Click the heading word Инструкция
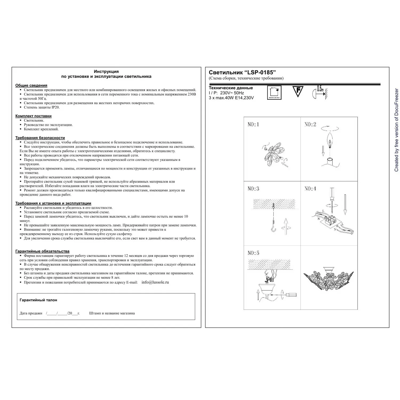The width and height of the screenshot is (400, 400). tap(106, 71)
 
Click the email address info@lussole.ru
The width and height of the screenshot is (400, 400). tap(155, 282)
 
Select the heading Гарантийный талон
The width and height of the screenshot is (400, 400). tap(38, 300)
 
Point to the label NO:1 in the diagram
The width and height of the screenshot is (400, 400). tap(253, 124)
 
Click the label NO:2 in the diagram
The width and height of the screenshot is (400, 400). tap(310, 124)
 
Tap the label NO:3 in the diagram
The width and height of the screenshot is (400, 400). tap(253, 189)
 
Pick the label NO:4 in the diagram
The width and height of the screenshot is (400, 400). tap(310, 189)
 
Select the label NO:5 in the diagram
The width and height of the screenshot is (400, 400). tap(253, 253)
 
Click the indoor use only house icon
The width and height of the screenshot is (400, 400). tap(274, 93)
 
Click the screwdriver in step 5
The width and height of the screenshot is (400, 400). tap(288, 295)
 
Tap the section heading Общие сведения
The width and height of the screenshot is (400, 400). tap(31, 85)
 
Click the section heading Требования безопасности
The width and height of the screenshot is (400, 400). tap(40, 138)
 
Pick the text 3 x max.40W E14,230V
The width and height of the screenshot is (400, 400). tap(231, 98)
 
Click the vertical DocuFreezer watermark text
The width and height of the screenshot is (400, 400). tap(396, 130)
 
